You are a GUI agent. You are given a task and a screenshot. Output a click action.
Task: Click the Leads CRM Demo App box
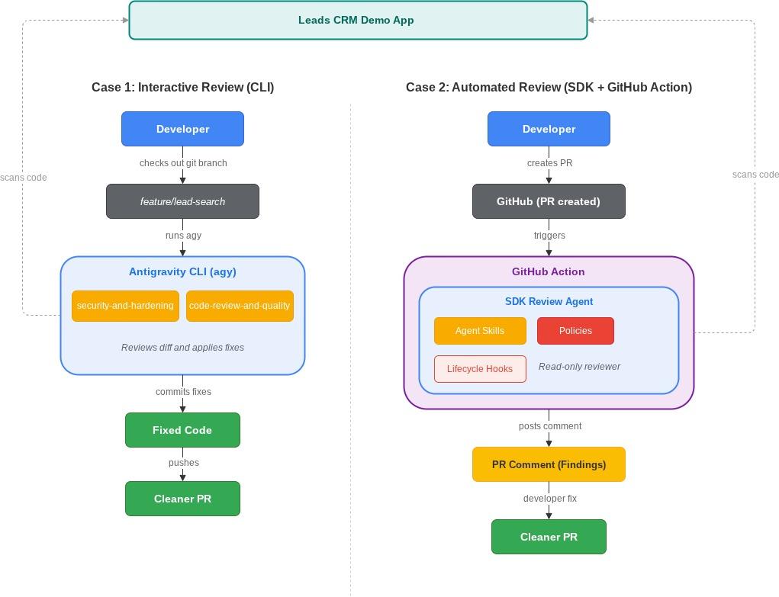(x=358, y=21)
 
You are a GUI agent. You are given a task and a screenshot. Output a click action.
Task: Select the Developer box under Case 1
(x=183, y=129)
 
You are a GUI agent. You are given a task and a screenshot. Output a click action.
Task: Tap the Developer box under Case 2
(x=549, y=129)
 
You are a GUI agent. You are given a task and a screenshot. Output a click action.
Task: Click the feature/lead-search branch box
(x=183, y=201)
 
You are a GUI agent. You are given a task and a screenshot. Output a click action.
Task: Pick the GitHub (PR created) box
(x=549, y=201)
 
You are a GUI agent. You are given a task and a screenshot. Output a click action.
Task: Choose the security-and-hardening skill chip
(x=125, y=306)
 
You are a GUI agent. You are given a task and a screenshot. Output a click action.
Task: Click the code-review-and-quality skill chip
(x=240, y=306)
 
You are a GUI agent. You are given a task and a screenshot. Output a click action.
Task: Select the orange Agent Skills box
(x=480, y=331)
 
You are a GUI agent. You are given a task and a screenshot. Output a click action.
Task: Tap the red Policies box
(x=576, y=331)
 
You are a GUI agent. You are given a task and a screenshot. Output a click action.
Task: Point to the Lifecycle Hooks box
(x=480, y=369)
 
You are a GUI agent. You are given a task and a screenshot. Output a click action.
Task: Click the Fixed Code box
(x=183, y=430)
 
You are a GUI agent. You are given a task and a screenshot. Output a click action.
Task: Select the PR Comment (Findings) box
(x=549, y=464)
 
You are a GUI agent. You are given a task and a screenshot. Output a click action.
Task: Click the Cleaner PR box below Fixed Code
(x=183, y=499)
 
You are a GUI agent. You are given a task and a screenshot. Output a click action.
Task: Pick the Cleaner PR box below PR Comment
(x=549, y=537)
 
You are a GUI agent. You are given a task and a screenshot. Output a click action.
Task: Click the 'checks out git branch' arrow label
(x=183, y=163)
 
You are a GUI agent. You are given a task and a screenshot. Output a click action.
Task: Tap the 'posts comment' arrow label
(x=550, y=426)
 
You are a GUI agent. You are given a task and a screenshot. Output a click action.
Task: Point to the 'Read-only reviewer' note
(x=579, y=367)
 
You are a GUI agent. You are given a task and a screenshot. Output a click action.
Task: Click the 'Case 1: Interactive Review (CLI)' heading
(x=183, y=88)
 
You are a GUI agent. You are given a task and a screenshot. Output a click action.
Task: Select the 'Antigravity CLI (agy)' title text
(x=183, y=271)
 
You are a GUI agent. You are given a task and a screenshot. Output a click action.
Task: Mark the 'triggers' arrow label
(x=549, y=236)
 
